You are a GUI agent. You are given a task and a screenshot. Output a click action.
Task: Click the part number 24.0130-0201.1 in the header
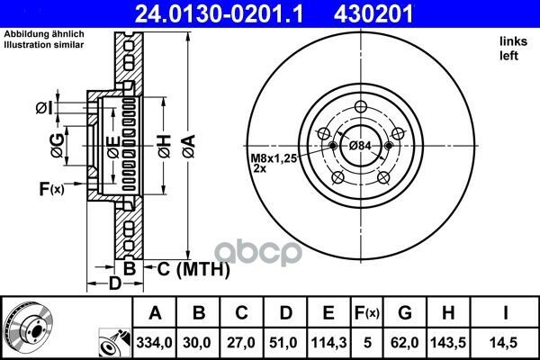(x=219, y=14)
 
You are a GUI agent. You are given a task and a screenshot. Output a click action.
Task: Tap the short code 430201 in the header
(x=373, y=14)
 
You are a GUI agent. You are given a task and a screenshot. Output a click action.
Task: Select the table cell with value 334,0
(x=154, y=342)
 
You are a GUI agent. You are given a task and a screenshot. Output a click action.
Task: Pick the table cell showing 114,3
(x=328, y=342)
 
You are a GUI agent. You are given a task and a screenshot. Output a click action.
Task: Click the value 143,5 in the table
(x=448, y=342)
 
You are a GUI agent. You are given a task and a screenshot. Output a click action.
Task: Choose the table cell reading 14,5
(x=505, y=342)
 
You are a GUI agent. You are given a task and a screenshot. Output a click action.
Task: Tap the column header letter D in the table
(x=285, y=313)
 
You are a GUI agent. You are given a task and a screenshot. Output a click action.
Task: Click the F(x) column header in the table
(x=367, y=313)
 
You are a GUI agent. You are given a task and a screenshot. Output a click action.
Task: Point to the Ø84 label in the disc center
(x=360, y=146)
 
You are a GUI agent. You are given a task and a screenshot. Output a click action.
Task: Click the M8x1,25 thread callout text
(x=274, y=158)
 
